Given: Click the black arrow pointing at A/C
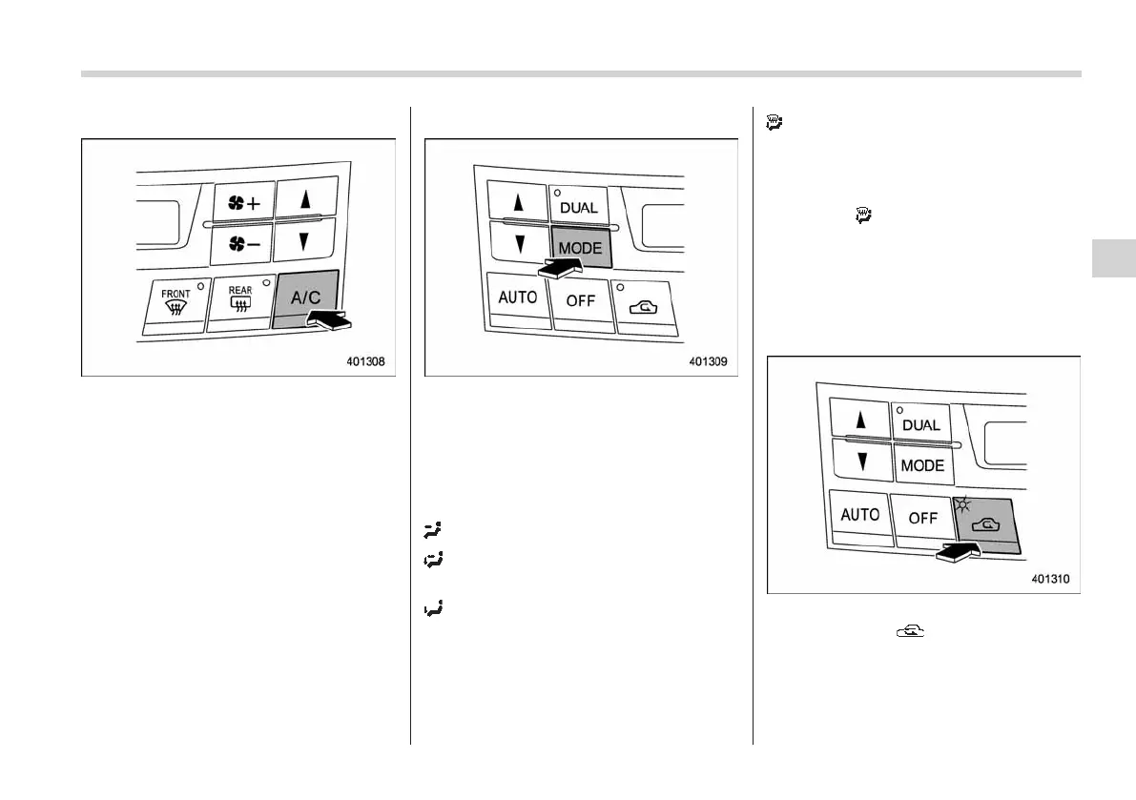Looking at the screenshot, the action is click(329, 324).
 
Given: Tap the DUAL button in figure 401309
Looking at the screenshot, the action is click(579, 206).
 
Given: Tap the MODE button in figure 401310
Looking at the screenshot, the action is click(922, 465).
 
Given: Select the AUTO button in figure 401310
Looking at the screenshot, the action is click(859, 515).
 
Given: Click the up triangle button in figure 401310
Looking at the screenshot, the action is click(860, 420).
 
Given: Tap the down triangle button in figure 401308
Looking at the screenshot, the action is click(304, 242).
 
